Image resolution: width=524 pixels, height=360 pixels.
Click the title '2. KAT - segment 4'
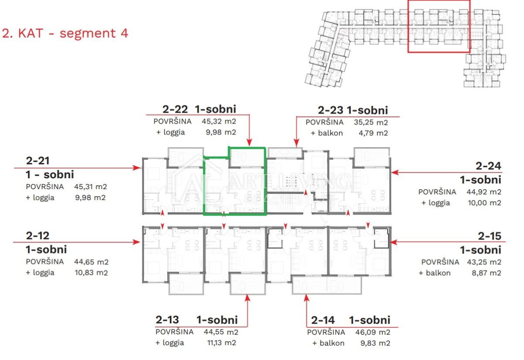coord(65,33)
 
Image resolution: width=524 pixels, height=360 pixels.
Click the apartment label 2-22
coord(175,109)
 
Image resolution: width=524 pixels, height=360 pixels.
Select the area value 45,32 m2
coord(219,121)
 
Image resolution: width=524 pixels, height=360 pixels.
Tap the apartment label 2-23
coord(331,110)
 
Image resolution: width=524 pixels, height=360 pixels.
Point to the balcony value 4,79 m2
coord(373,133)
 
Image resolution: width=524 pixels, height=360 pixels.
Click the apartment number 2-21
coord(38,161)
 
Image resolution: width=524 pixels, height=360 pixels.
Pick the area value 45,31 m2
coord(90,187)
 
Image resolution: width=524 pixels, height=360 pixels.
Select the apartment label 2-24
coord(489,166)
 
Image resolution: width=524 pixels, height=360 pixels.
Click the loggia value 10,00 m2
coord(484,203)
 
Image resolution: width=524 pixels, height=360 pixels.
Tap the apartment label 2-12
coord(38,236)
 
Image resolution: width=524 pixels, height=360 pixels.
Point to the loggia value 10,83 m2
coord(91,273)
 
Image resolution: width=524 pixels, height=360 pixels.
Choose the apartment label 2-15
coord(490,236)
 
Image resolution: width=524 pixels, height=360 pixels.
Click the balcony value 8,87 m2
coord(486,273)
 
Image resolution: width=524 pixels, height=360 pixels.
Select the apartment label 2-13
coord(167,320)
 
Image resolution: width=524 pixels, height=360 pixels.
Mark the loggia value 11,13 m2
coord(222,343)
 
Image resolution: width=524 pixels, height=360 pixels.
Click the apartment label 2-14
coord(323,320)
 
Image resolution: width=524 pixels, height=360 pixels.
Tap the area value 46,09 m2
coord(373,332)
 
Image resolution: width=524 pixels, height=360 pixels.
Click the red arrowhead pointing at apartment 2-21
coord(137,168)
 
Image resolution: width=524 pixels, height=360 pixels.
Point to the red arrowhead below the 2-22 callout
coord(249,142)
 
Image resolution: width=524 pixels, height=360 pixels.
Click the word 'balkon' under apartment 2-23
coord(330,133)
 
